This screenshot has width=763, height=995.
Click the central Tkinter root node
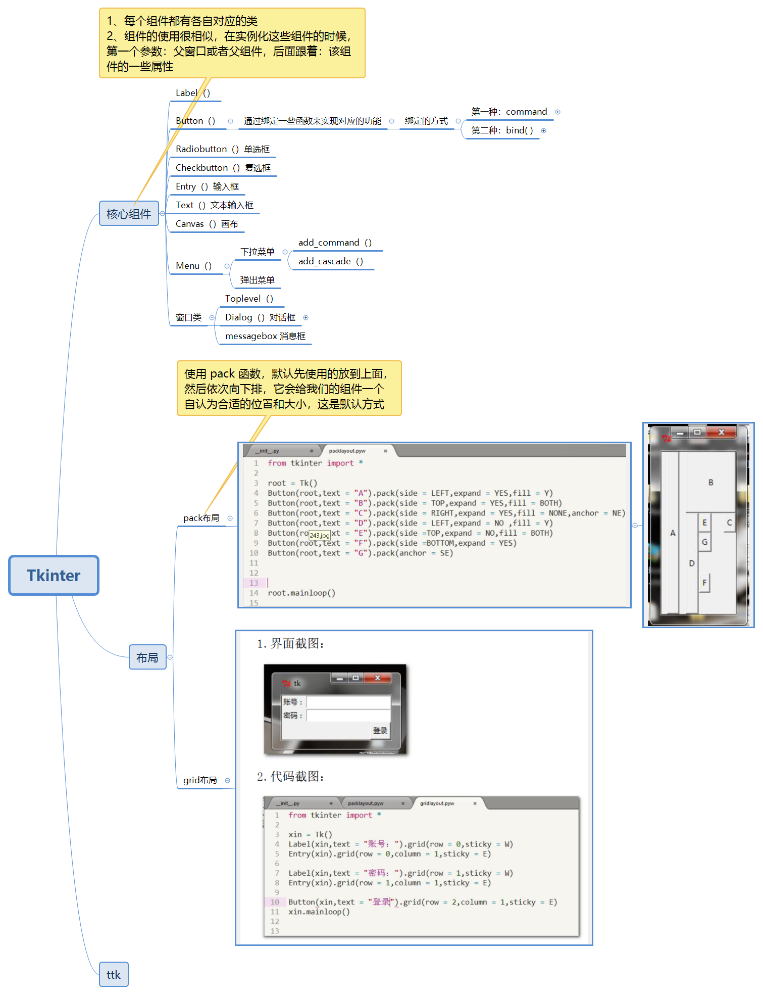(54, 575)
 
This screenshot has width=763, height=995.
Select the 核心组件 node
(129, 213)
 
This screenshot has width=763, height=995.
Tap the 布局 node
(147, 657)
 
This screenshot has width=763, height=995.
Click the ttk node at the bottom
(113, 974)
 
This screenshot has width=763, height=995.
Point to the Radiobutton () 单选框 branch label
(222, 149)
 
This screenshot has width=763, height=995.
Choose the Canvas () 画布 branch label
(207, 224)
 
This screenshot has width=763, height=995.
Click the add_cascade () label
(330, 261)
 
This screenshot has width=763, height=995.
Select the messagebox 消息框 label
(265, 336)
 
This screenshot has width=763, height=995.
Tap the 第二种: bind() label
(502, 130)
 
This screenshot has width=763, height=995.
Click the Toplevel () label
(249, 299)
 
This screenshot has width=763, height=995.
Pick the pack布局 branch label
(201, 518)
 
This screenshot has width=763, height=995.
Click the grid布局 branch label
(200, 780)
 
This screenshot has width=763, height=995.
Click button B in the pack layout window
(710, 482)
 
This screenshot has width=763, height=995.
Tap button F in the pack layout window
(704, 583)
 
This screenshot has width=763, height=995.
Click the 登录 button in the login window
(380, 730)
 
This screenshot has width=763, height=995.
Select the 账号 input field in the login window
(348, 702)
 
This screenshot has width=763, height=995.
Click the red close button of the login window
(377, 678)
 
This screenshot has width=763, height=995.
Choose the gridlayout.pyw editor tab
(437, 803)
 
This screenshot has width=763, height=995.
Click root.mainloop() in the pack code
(301, 593)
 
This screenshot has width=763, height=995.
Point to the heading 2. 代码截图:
(290, 776)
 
